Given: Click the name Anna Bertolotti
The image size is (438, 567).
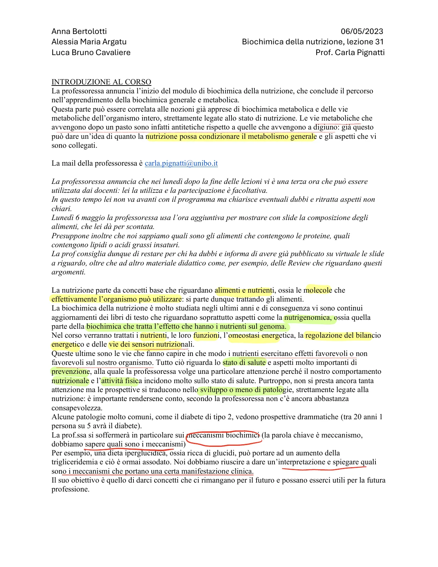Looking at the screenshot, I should [x=79, y=31].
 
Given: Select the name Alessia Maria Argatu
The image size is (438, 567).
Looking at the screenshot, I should [x=89, y=42].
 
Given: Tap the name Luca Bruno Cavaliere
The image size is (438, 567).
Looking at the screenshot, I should [x=91, y=53].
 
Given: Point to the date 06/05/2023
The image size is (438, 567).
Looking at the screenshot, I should [x=362, y=31].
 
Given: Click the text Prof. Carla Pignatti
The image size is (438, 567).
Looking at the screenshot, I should [x=350, y=53].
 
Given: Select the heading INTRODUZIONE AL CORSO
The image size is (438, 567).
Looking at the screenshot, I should [x=101, y=82].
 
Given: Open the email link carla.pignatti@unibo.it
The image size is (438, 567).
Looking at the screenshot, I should [x=181, y=163].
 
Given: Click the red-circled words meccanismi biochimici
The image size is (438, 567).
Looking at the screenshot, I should [x=223, y=435].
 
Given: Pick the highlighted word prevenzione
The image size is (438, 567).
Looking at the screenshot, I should [x=70, y=372].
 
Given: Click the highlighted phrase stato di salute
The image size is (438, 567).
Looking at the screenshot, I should [x=244, y=363].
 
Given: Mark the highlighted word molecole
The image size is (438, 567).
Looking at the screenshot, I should [x=318, y=290].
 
